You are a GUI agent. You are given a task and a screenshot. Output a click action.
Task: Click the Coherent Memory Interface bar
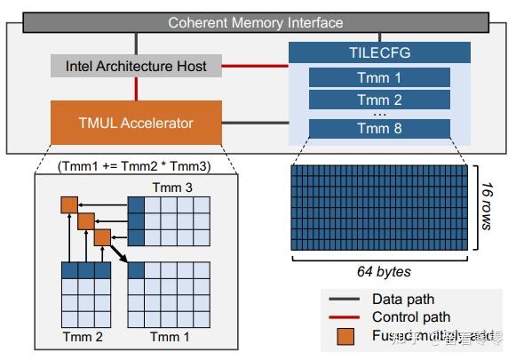(x=256, y=22)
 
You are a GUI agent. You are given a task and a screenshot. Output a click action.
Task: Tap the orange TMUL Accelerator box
(x=136, y=124)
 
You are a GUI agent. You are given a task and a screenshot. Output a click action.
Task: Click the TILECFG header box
(x=379, y=52)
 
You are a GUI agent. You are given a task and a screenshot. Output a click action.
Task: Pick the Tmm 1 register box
(x=379, y=77)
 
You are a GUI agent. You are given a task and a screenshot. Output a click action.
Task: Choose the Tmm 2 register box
(x=379, y=100)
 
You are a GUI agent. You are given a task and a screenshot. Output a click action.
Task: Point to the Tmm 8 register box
(x=379, y=129)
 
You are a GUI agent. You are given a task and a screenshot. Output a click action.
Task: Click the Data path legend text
(x=404, y=300)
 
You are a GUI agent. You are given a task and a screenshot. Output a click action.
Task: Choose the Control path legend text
(x=411, y=317)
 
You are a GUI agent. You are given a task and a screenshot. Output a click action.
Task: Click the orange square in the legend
(x=345, y=337)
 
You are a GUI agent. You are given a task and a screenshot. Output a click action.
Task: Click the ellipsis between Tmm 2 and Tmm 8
(x=379, y=114)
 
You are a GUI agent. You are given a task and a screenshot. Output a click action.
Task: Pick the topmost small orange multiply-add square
(x=68, y=205)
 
